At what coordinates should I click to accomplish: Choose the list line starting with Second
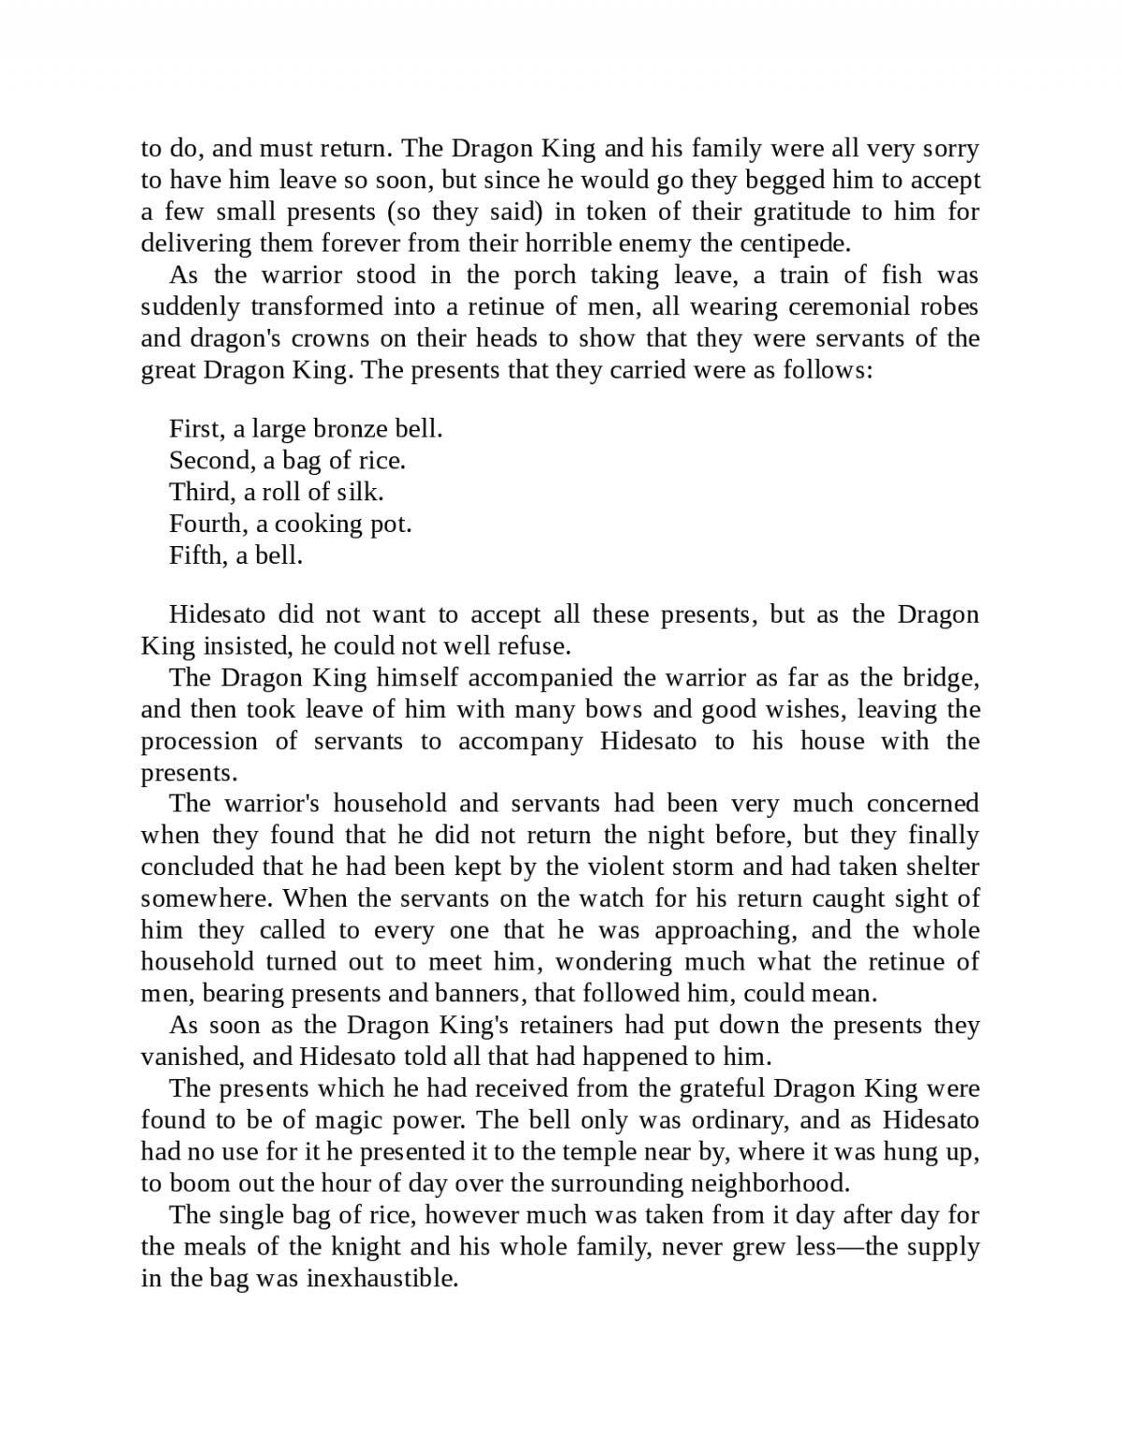coord(287,461)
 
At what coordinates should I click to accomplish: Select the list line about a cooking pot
coord(290,524)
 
